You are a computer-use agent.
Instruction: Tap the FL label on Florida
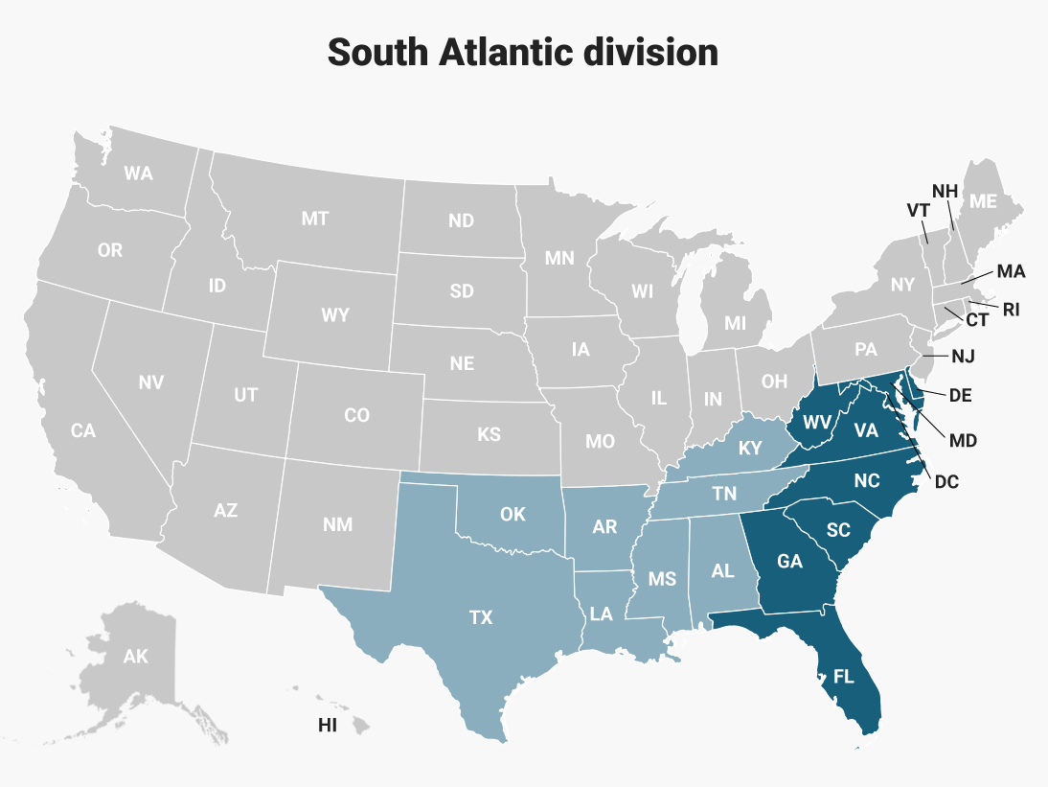pyautogui.click(x=843, y=676)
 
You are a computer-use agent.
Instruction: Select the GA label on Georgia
pyautogui.click(x=789, y=562)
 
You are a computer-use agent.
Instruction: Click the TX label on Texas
pyautogui.click(x=481, y=617)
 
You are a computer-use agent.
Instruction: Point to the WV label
pyautogui.click(x=816, y=422)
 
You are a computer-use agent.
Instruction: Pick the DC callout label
pyautogui.click(x=945, y=481)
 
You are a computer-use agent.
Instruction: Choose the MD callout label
pyautogui.click(x=963, y=440)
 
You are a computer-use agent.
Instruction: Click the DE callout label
pyautogui.click(x=962, y=395)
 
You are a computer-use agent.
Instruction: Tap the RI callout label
pyautogui.click(x=1012, y=309)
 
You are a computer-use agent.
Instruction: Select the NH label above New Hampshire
pyautogui.click(x=945, y=190)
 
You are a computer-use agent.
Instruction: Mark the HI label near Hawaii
pyautogui.click(x=328, y=726)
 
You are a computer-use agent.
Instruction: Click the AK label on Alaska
pyautogui.click(x=136, y=657)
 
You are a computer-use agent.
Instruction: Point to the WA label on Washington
pyautogui.click(x=138, y=174)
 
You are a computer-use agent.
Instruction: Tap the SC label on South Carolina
pyautogui.click(x=838, y=530)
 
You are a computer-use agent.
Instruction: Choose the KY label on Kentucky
pyautogui.click(x=750, y=449)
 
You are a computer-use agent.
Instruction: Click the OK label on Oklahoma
pyautogui.click(x=513, y=514)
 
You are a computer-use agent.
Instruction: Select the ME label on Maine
pyautogui.click(x=983, y=200)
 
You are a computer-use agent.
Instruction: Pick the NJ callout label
pyautogui.click(x=963, y=357)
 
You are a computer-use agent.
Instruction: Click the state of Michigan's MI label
pyautogui.click(x=735, y=323)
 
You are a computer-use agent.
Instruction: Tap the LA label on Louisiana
pyautogui.click(x=602, y=614)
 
